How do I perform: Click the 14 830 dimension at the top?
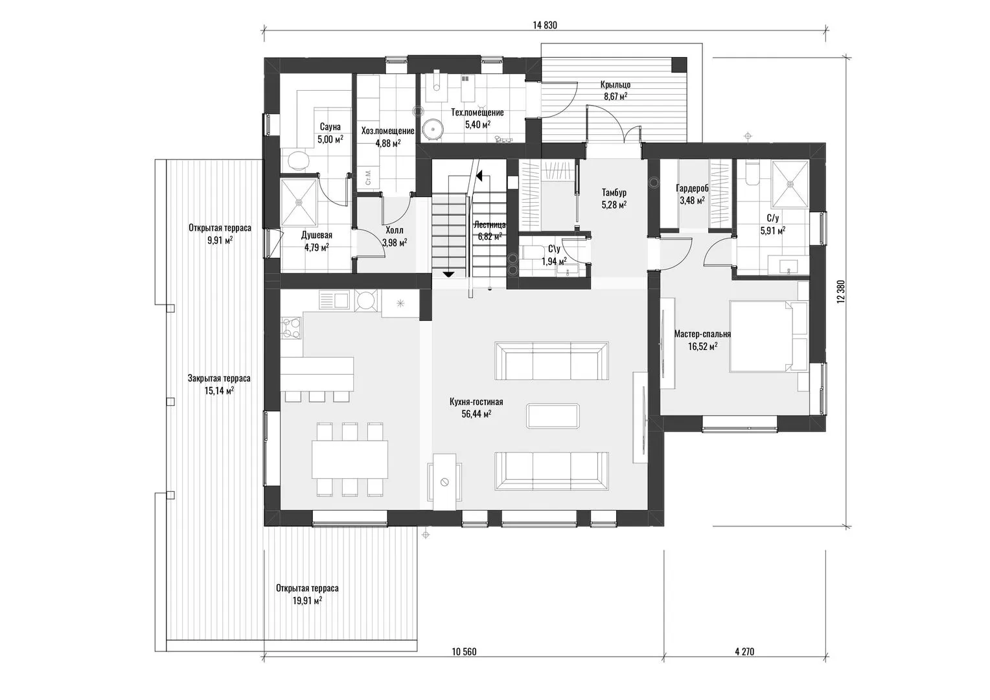point(544,25)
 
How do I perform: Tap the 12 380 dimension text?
point(840,292)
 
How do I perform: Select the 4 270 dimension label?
point(744,651)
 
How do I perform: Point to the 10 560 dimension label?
point(464,651)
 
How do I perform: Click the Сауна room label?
point(330,127)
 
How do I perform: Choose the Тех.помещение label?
point(478,113)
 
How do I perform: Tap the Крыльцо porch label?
point(616,84)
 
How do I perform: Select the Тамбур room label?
point(614,192)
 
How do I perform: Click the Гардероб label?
point(692,189)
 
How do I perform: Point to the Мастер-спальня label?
point(702,334)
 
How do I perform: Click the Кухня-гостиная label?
point(476,402)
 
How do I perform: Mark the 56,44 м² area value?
point(476,414)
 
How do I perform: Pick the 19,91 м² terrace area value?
point(306,600)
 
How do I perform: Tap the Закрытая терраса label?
point(219,379)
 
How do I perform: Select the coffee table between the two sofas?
point(553,415)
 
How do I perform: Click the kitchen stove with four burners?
point(292,328)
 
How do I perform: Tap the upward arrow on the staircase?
point(479,176)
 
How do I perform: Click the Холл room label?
point(394,230)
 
